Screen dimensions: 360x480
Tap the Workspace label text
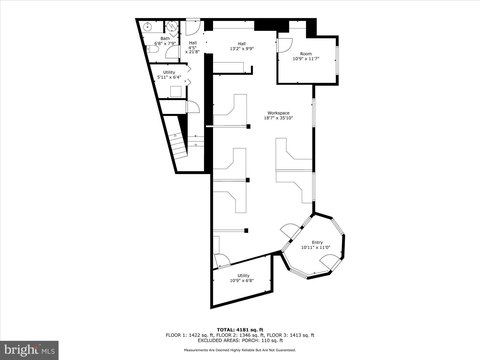point(278,115)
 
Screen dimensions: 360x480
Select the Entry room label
point(316,244)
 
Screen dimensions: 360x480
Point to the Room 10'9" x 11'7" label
point(305,56)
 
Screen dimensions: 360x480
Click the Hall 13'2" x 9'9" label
point(241,46)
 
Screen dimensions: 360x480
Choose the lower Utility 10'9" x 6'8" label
point(243,278)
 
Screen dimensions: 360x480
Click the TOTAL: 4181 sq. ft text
point(240,328)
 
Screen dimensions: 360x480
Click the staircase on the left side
point(177,140)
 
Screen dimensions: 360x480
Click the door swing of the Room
point(285,42)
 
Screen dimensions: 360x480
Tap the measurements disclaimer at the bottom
point(240,350)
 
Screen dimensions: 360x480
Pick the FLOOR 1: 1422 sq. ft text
point(188,334)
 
